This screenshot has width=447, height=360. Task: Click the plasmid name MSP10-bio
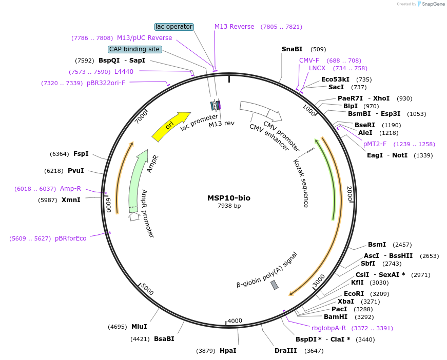229,198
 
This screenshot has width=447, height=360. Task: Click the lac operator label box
174,27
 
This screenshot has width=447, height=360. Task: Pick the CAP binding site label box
134,49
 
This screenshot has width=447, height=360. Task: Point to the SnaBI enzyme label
292,49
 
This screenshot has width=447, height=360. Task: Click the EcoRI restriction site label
354,294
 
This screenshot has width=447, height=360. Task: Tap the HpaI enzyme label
228,351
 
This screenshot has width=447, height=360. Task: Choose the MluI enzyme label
139,327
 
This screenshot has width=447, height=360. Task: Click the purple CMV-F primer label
309,60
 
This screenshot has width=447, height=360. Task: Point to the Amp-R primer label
70,189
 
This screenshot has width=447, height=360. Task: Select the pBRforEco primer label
71,238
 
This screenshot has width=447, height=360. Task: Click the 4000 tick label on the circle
235,321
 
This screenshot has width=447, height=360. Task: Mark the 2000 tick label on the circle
349,194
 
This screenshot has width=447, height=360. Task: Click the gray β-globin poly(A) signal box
275,285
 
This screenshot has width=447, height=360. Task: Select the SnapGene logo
431,4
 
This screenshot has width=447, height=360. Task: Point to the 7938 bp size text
229,206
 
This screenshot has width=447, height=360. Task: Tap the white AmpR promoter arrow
134,216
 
